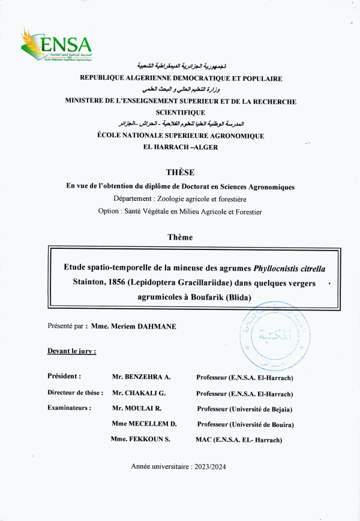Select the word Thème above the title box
coord(180,237)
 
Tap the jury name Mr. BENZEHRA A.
coord(142,377)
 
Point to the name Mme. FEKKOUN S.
coord(141,439)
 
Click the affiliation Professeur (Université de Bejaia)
coord(244,409)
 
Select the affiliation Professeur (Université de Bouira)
coord(245,424)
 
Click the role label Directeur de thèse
coord(76,393)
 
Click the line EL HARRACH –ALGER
coord(180,147)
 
